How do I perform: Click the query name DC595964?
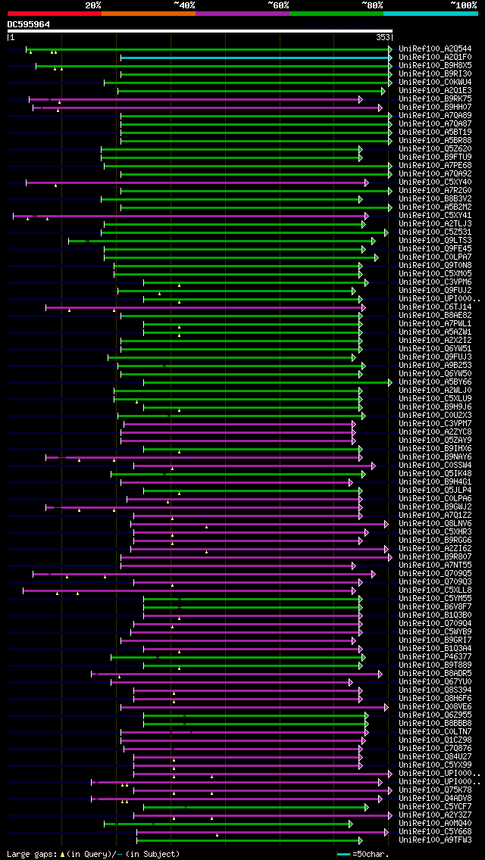tap(29, 24)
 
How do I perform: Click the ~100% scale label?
tap(463, 5)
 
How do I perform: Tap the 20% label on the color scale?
tap(93, 5)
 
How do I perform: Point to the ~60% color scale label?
tap(278, 5)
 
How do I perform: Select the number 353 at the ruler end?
tap(383, 36)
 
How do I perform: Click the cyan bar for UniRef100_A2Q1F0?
tap(255, 58)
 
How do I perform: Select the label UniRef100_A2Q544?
tap(435, 49)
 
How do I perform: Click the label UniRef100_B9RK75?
tap(435, 99)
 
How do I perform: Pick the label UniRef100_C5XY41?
tap(435, 216)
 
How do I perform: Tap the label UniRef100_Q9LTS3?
tap(435, 241)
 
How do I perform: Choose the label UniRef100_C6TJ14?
tap(435, 307)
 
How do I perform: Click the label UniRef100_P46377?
tap(435, 657)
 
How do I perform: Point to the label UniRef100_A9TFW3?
tap(435, 840)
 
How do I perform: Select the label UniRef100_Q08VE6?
tap(435, 707)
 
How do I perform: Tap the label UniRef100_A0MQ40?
tap(435, 824)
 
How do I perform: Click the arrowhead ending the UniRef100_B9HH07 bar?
tap(380, 107)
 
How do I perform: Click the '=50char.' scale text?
tap(371, 854)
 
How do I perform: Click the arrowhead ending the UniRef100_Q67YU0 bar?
tap(350, 682)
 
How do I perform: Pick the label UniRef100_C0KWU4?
tap(435, 83)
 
